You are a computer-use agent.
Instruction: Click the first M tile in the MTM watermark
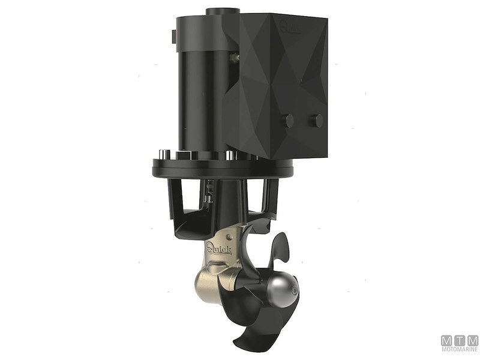click(448, 341)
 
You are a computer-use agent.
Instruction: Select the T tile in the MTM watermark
click(460, 341)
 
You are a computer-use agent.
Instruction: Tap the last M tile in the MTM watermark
click(473, 341)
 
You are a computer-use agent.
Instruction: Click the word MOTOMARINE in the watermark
click(460, 352)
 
